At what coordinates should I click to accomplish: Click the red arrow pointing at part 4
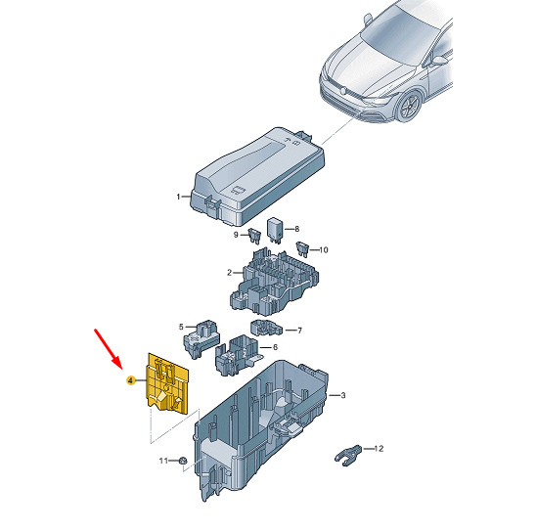point(108,349)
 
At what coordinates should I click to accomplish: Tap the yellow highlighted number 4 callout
point(130,380)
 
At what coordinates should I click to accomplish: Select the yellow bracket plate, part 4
point(168,383)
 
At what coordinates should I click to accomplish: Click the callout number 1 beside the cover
point(178,197)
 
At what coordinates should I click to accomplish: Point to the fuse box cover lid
point(257,176)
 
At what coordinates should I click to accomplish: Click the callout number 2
point(230,273)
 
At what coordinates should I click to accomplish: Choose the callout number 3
point(342,395)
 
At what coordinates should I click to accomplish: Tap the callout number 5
point(181,327)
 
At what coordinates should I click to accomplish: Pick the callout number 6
point(275,347)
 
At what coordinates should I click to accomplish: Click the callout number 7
point(300,331)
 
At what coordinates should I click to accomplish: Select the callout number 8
point(297,229)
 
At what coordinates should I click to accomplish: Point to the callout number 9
point(236,235)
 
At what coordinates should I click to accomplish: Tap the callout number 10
point(324,250)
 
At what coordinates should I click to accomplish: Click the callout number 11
point(163,461)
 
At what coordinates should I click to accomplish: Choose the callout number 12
point(379,449)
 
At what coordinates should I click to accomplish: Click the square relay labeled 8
point(275,230)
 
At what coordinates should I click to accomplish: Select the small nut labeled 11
point(183,461)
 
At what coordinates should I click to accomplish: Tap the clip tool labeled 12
point(348,455)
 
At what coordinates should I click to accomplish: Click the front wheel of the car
point(410,106)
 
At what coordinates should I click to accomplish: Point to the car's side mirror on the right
point(439,61)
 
